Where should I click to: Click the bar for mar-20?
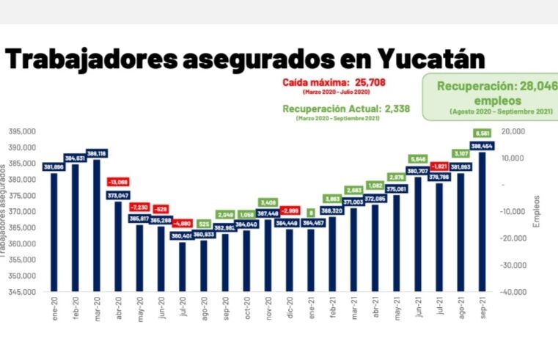tap(96, 227)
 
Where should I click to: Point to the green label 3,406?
tap(268, 202)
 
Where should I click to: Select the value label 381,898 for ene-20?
tap(54, 167)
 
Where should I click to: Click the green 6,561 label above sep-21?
tap(482, 133)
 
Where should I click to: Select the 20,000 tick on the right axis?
tap(513, 131)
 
